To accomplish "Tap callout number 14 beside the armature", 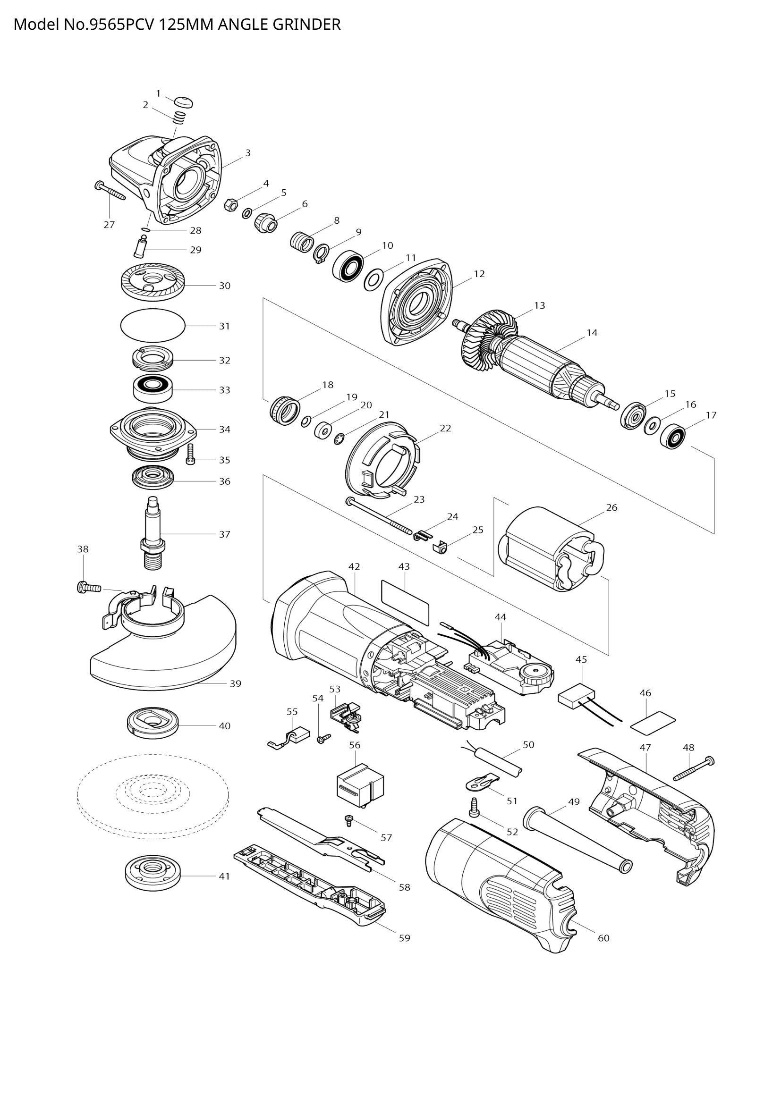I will coord(592,333).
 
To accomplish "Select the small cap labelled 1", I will coord(183,102).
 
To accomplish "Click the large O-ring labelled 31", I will coord(152,326).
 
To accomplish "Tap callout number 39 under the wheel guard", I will coord(235,684).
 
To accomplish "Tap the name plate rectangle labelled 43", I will coord(405,602).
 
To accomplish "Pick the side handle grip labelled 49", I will coord(577,841).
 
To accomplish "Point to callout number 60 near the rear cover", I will coord(603,938).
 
